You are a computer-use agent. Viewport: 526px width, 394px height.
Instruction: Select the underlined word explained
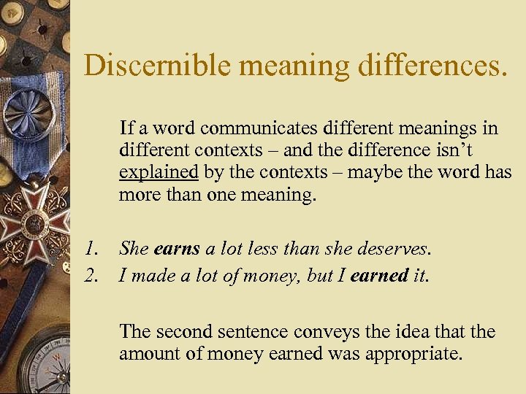click(159, 174)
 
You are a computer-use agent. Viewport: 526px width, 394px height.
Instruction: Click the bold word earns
click(177, 249)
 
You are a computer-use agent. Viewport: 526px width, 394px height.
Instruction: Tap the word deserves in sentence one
click(397, 249)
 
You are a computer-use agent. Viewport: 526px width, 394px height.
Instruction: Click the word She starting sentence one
click(134, 249)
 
